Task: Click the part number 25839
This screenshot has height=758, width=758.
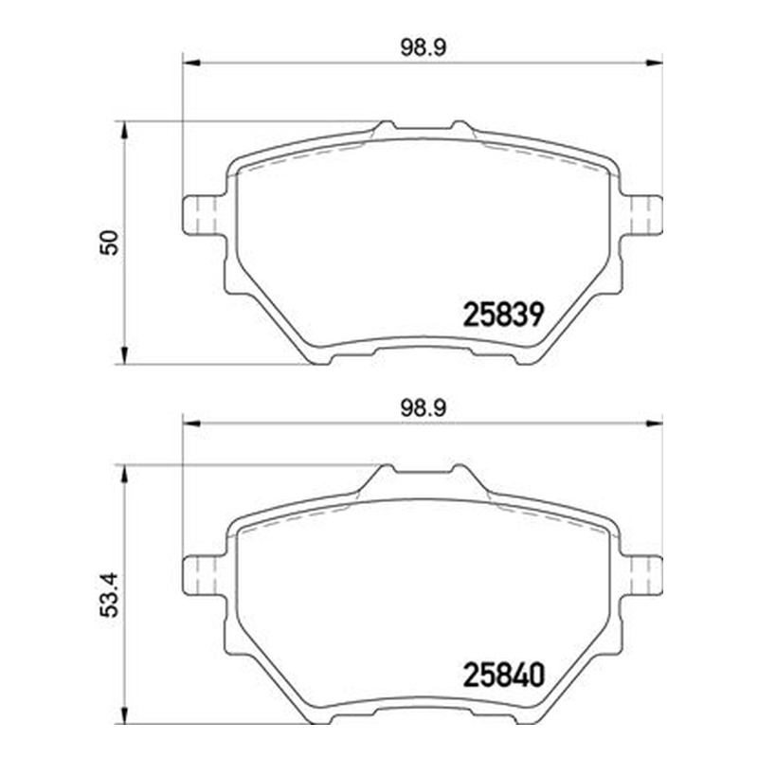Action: [x=504, y=315]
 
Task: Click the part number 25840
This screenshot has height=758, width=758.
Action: [x=504, y=675]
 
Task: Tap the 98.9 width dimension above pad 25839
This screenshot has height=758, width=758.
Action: [x=423, y=48]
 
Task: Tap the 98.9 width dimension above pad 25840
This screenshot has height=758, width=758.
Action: [x=423, y=409]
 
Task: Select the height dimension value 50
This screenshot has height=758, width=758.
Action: [x=109, y=243]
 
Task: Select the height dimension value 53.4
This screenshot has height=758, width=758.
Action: [x=109, y=595]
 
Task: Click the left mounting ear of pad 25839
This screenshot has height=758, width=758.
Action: [x=204, y=215]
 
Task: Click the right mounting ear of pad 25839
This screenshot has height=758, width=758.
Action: [x=641, y=215]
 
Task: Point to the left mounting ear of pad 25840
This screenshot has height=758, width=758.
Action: [x=204, y=576]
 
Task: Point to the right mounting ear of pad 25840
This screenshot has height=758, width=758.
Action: [x=641, y=576]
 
